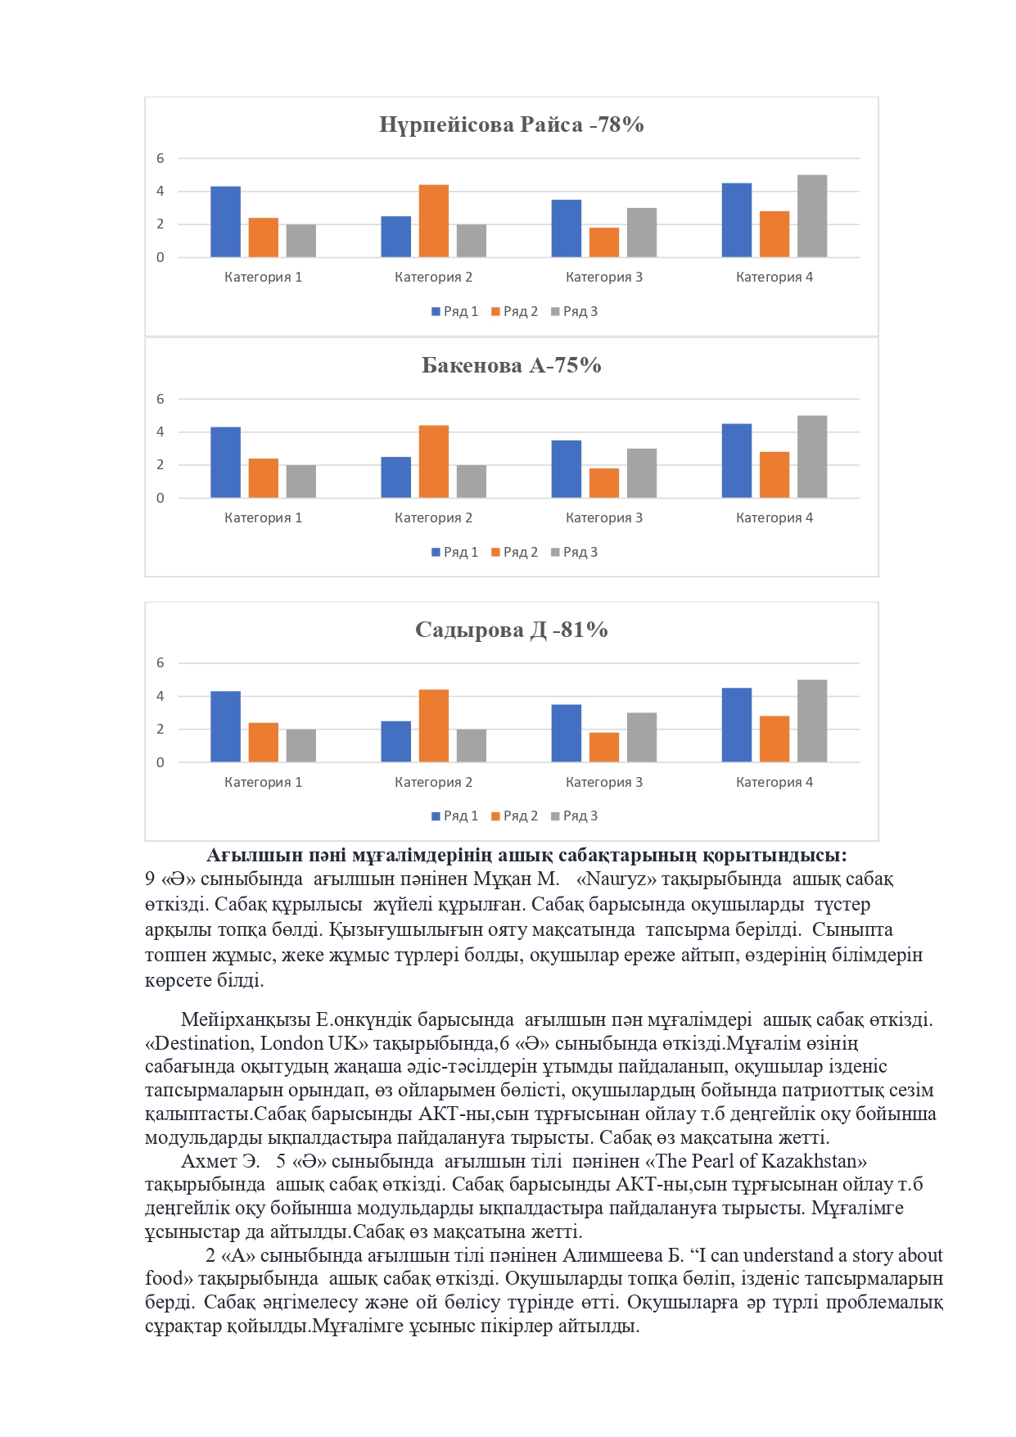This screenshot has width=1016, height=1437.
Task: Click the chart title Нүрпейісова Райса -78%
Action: (511, 124)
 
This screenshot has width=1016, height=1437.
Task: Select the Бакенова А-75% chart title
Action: (511, 365)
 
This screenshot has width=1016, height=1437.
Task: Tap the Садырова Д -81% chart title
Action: (511, 630)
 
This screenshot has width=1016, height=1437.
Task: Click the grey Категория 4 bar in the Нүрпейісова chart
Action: (811, 216)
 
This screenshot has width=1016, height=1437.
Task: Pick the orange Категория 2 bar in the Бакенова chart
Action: (433, 462)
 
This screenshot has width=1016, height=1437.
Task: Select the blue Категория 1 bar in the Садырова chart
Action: (225, 727)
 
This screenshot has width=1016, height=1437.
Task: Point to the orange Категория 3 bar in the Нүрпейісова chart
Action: (604, 242)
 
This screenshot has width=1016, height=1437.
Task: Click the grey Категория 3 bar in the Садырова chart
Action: (642, 738)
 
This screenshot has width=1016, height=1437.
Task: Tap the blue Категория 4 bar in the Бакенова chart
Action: (736, 461)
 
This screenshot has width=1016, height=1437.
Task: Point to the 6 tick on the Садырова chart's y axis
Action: (160, 662)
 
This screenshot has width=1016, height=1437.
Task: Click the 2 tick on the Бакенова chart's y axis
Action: (160, 464)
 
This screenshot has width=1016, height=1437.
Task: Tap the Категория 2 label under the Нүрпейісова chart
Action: (433, 277)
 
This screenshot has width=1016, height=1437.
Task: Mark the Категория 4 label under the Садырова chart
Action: (774, 782)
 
